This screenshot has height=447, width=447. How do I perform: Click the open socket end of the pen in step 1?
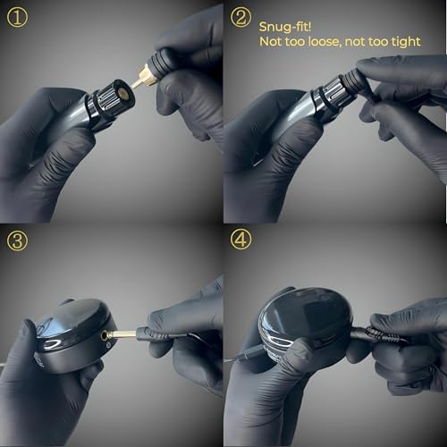pyautogui.click(x=117, y=95)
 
